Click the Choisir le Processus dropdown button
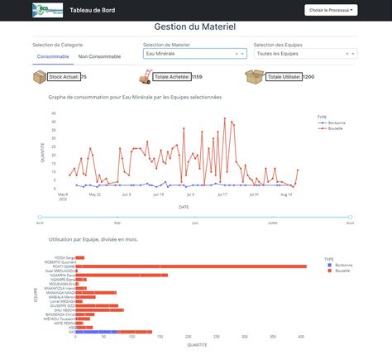click(332, 10)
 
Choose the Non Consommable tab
click(99, 57)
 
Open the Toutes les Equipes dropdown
click(304, 53)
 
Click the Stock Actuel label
click(65, 77)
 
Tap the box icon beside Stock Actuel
click(40, 76)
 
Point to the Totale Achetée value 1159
click(197, 77)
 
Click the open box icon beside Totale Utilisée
click(255, 76)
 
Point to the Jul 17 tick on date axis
click(222, 194)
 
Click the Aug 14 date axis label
click(286, 194)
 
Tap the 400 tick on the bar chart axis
click(302, 338)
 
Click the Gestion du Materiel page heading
click(195, 27)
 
